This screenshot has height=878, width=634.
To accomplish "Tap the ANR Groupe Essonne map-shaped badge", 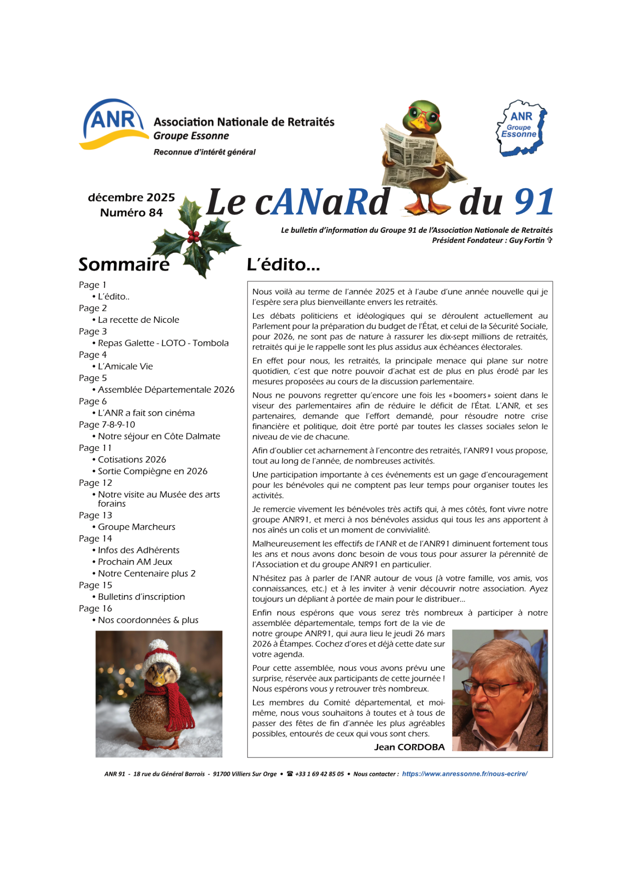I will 521,128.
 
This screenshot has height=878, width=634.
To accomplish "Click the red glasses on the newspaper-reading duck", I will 424,113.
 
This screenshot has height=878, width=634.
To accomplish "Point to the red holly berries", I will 193,236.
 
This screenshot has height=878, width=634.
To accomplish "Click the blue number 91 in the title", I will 533,202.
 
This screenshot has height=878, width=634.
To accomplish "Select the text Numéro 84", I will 131,213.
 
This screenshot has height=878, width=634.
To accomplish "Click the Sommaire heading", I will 124,264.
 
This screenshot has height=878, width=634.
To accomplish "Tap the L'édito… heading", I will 283,264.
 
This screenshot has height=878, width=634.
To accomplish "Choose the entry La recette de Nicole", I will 138,320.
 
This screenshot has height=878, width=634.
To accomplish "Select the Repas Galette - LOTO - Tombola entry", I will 163,343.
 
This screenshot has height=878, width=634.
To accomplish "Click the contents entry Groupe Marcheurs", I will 136,527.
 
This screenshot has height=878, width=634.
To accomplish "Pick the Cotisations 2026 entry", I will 132,460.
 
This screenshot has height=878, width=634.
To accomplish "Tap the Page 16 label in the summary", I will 95,608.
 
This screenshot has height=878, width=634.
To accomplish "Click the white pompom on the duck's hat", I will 158,645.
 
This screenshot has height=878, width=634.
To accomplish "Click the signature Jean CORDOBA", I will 409,747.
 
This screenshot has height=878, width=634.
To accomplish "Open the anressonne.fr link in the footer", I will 464,774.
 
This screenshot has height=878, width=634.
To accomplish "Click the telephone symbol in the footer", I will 290,774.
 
